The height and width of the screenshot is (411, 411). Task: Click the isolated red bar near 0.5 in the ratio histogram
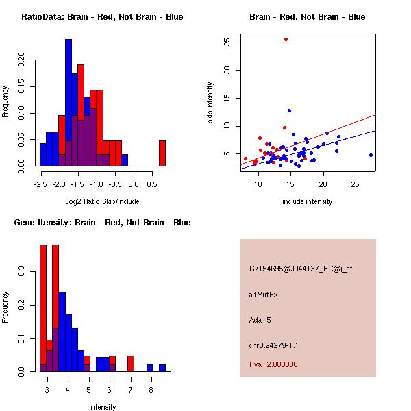click(x=162, y=153)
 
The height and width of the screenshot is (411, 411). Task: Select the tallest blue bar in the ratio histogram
click(x=68, y=103)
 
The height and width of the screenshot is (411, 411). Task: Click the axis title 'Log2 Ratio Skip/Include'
click(x=102, y=201)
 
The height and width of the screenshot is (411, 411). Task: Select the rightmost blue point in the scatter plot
click(x=371, y=155)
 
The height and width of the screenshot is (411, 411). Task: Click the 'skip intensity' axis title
click(x=210, y=103)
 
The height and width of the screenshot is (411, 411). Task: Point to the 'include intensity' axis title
click(x=308, y=201)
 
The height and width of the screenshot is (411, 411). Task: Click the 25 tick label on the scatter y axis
click(x=227, y=42)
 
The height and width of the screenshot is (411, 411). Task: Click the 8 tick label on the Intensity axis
click(x=151, y=389)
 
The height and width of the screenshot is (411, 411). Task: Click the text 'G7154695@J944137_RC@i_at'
click(x=301, y=269)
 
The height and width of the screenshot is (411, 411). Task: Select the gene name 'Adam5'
click(x=260, y=319)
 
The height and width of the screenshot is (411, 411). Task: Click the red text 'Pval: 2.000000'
click(x=273, y=364)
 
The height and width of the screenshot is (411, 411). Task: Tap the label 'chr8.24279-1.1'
click(x=274, y=345)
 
